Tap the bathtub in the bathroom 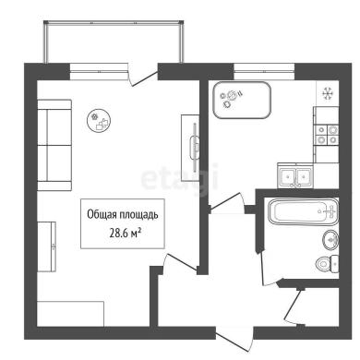point(303,211)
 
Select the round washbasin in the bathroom point(331,240)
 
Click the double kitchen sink point(295,175)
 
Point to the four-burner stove point(327,135)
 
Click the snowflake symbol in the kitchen point(328,93)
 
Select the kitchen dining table point(242,100)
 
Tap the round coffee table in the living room point(99,121)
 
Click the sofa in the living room point(54,145)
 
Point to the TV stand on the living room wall point(190,148)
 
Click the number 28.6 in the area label point(117,234)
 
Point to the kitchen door point(227,202)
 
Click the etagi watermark point(180,178)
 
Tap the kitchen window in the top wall point(264,71)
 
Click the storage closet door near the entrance point(294,306)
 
